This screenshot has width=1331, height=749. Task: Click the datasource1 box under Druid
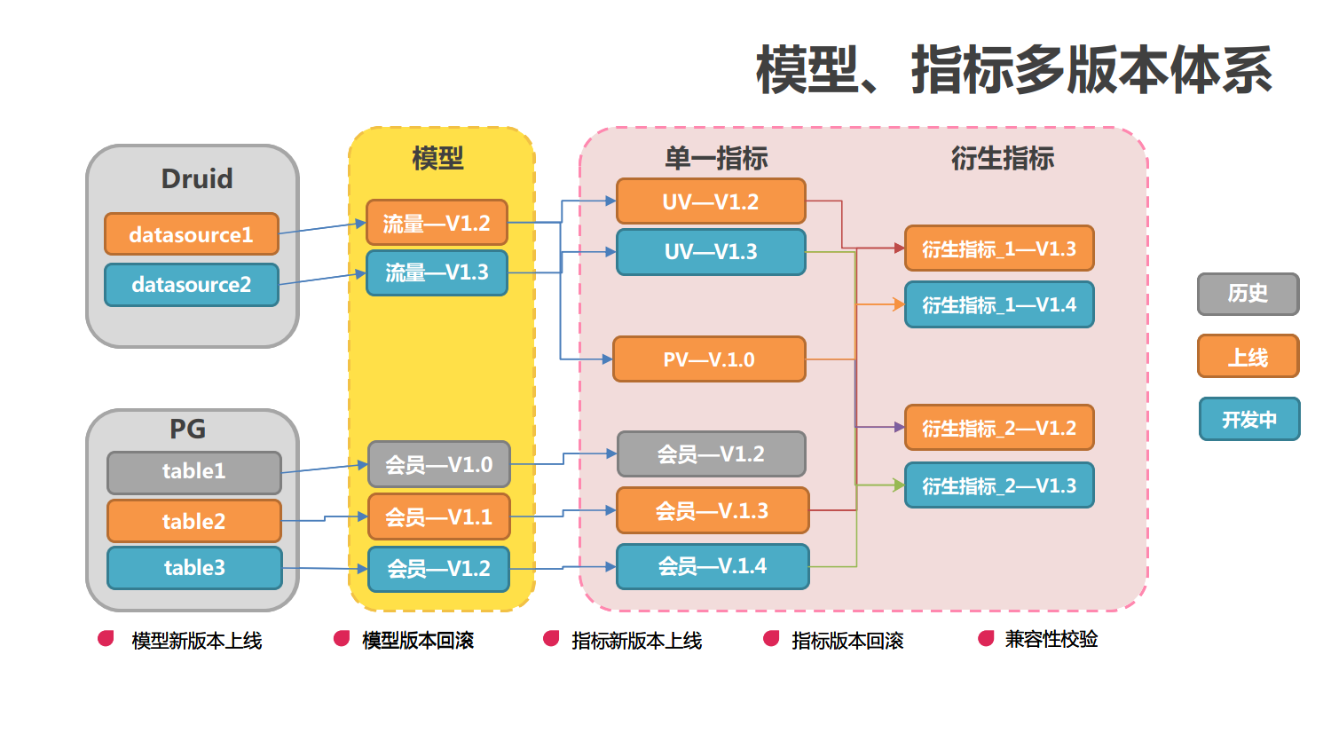(x=192, y=234)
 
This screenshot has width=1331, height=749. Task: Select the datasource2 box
(x=192, y=285)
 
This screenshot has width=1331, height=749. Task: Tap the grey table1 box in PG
(x=194, y=472)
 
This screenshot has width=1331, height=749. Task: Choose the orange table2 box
(x=194, y=521)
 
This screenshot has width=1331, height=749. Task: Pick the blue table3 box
(x=194, y=568)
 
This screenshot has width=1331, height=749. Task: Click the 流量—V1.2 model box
(x=437, y=223)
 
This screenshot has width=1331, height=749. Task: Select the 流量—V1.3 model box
(x=437, y=272)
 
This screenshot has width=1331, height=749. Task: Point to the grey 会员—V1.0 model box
(x=439, y=464)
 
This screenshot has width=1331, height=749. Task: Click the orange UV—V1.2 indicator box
(x=711, y=201)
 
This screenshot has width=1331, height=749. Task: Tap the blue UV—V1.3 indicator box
(x=711, y=252)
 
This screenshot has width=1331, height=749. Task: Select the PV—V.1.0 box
(x=709, y=359)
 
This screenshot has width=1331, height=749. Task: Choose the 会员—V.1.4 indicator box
(x=713, y=566)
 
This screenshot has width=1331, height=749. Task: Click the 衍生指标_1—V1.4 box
(x=999, y=305)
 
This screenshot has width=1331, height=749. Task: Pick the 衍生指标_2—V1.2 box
(x=999, y=428)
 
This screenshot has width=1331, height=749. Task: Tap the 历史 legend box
(x=1248, y=294)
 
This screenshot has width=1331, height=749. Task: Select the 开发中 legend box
(x=1249, y=419)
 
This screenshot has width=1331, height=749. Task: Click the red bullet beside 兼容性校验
(x=986, y=639)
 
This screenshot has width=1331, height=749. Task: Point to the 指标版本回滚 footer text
(x=847, y=641)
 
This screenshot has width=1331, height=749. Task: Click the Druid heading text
(x=197, y=178)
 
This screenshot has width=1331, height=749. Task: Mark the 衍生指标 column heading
(x=1003, y=159)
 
